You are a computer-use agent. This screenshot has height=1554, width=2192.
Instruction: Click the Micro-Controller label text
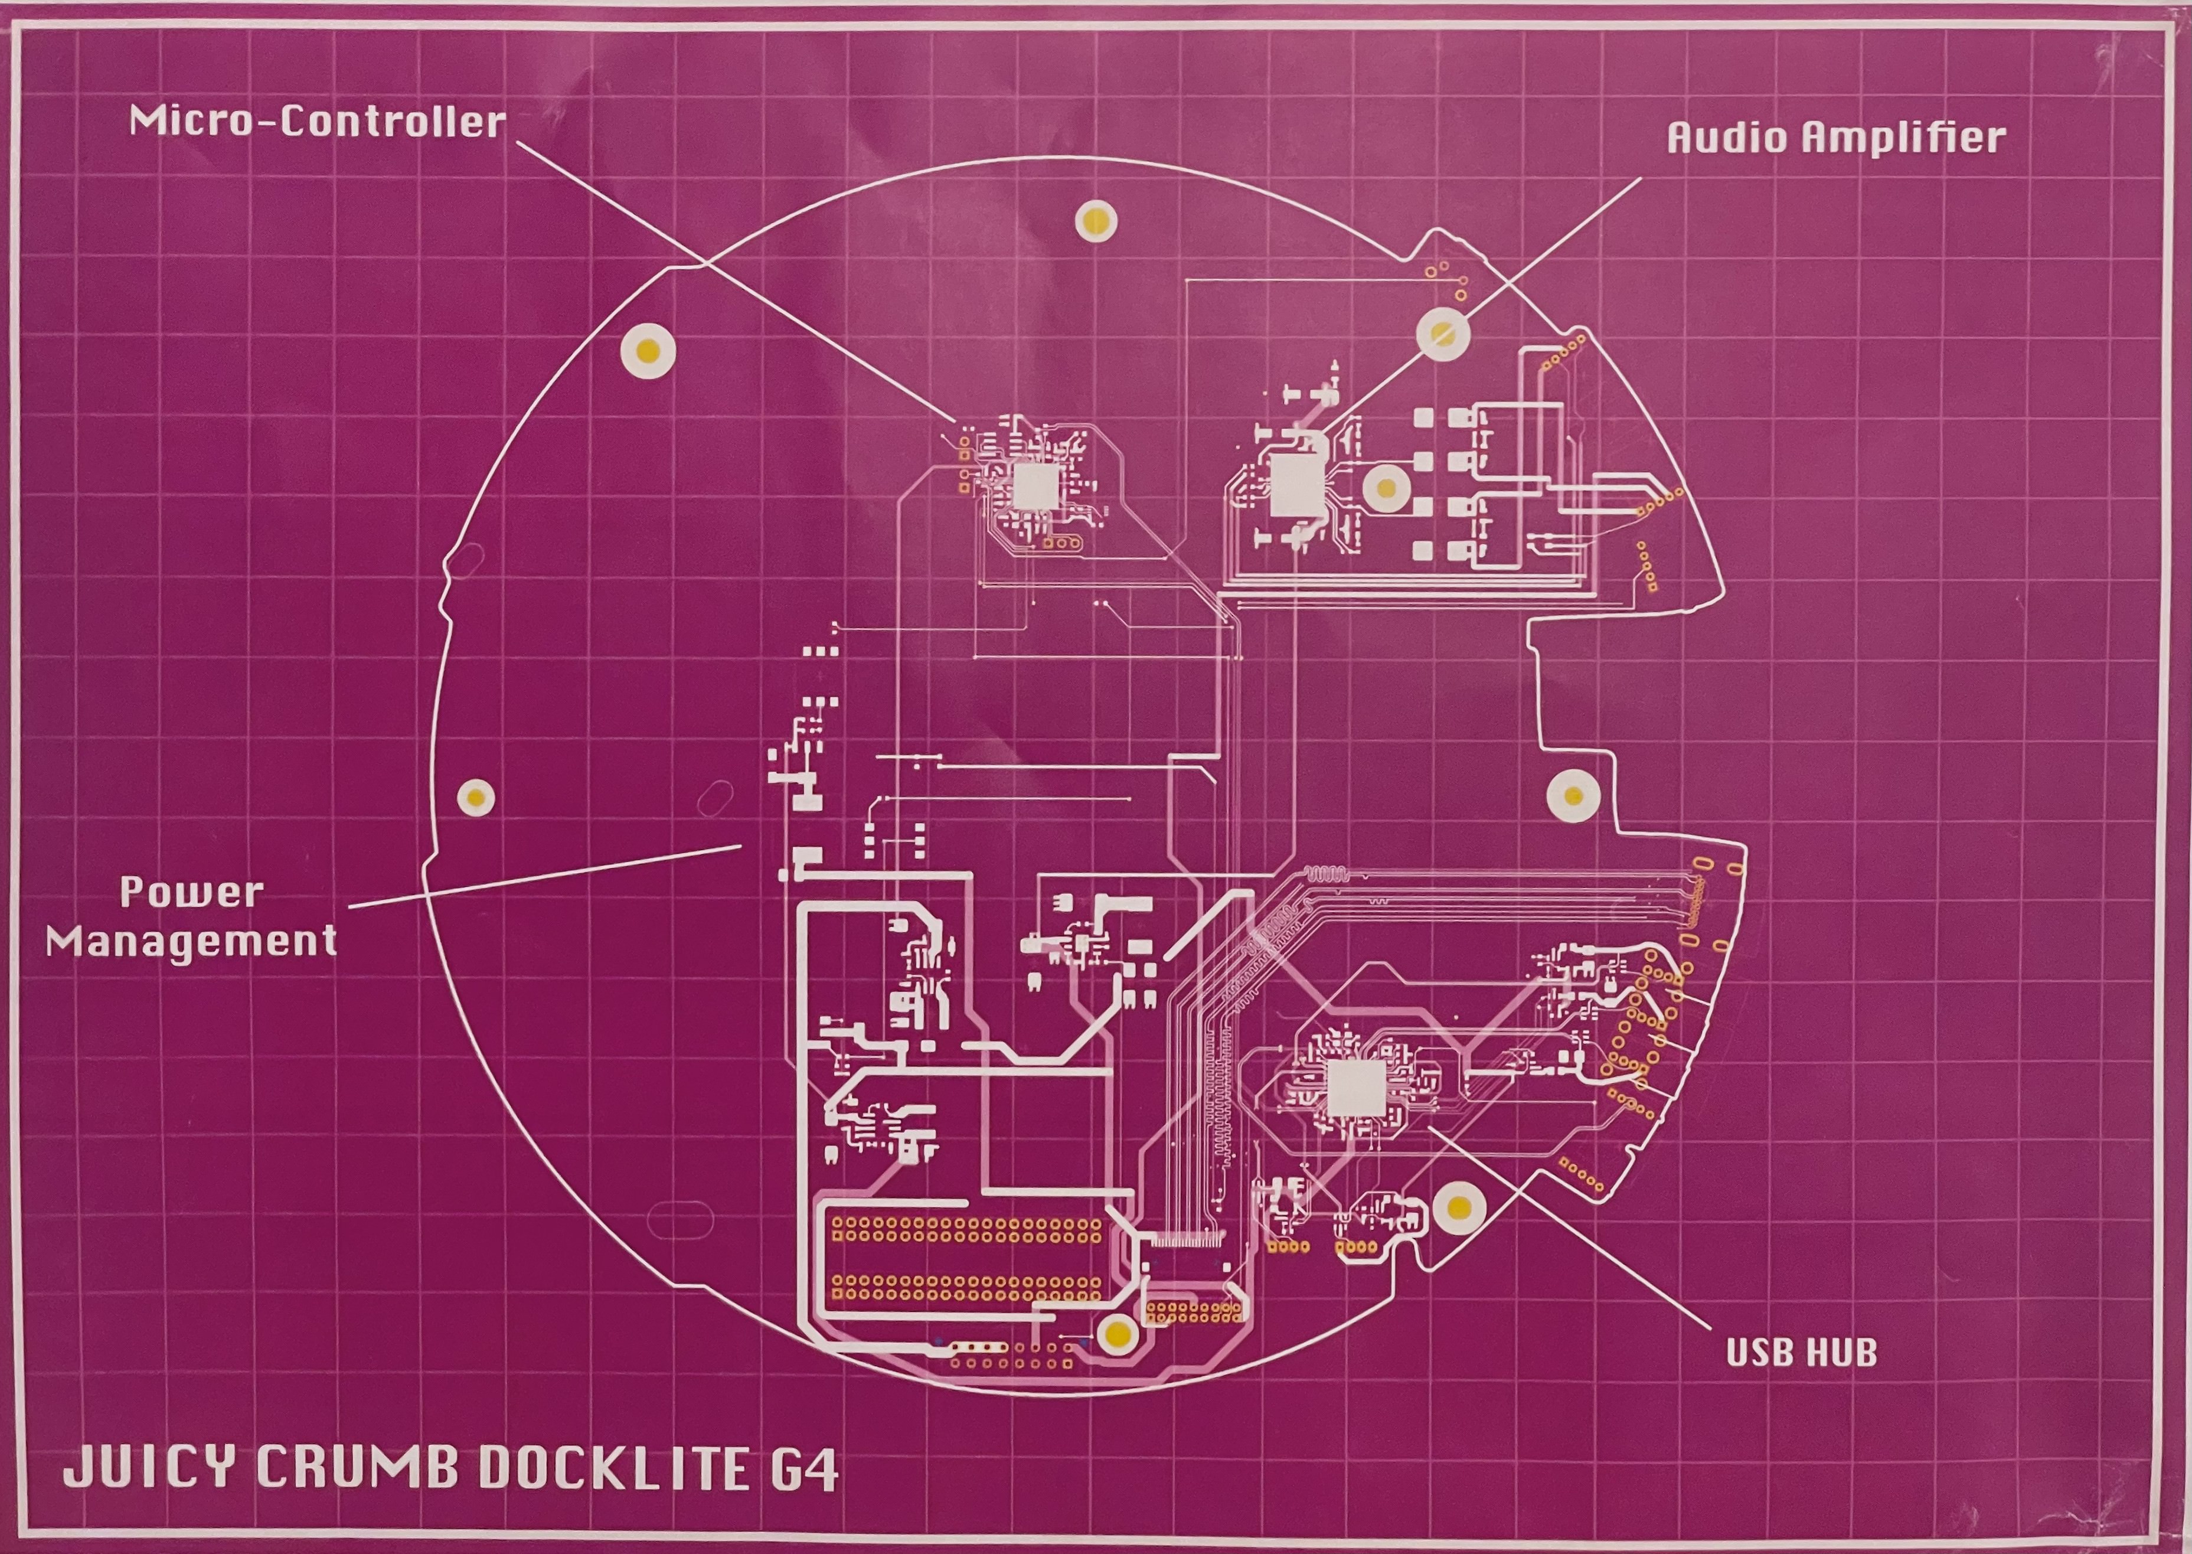click(316, 122)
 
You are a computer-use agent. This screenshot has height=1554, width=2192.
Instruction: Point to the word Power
click(191, 893)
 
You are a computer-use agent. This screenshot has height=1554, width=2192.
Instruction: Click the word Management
click(191, 942)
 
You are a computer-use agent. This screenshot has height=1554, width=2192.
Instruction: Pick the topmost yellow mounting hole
click(1096, 221)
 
